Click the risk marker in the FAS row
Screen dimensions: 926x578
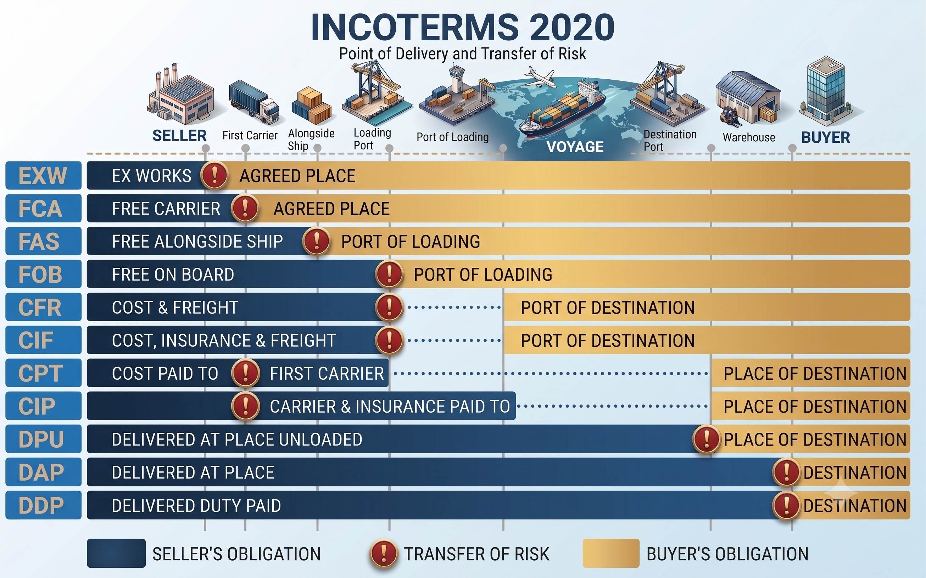[317, 241]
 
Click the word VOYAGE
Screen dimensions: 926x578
[575, 147]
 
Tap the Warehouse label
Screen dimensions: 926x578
[749, 137]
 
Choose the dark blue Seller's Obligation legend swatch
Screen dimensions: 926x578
[116, 553]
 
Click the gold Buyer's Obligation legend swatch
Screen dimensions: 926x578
[611, 553]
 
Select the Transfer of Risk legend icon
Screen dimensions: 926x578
[383, 553]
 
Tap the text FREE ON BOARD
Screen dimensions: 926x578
[173, 274]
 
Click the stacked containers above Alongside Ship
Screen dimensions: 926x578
[312, 106]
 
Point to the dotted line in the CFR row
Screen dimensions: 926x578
[454, 307]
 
